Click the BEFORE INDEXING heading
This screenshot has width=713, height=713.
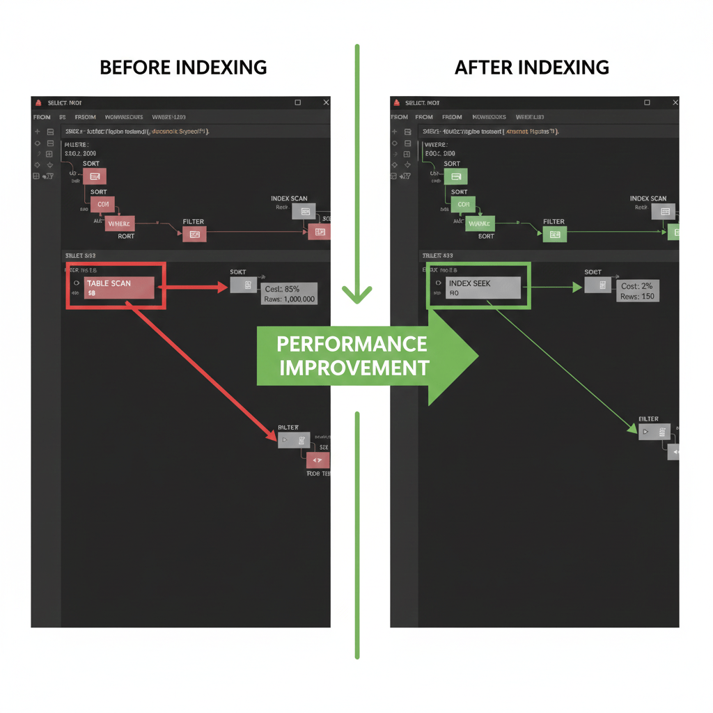[x=183, y=68]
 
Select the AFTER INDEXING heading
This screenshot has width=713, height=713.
[x=531, y=68]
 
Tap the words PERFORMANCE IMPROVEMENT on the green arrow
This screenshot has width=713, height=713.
[x=352, y=356]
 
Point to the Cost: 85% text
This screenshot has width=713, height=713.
[x=283, y=288]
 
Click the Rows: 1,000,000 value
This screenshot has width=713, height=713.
[x=289, y=299]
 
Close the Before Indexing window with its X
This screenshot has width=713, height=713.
[x=325, y=103]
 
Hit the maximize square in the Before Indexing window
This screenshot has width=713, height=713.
[x=298, y=103]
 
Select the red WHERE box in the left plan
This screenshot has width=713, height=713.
[x=120, y=224]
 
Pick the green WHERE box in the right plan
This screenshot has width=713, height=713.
[x=480, y=224]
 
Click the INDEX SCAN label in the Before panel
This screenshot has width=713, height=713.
[x=289, y=199]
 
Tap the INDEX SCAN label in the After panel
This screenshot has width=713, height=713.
[x=648, y=199]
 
